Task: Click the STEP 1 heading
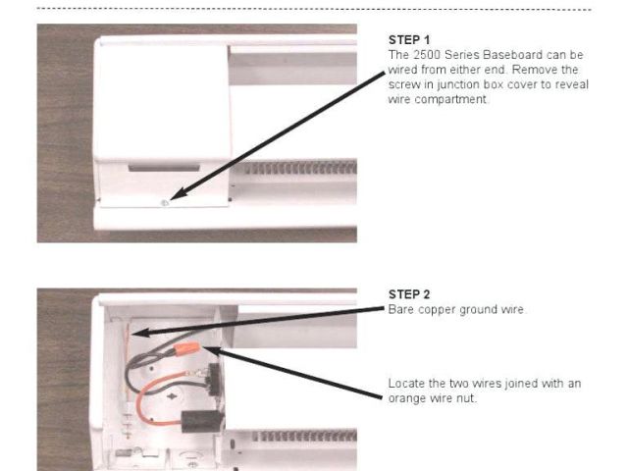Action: coord(409,40)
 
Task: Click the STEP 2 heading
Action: coord(409,294)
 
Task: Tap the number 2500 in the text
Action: coord(427,55)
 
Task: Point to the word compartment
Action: coord(450,99)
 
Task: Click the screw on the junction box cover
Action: coord(164,203)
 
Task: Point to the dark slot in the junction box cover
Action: coord(164,168)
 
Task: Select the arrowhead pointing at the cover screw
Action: coord(179,193)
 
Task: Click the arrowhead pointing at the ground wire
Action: coord(141,332)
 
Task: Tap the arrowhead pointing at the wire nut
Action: coord(212,351)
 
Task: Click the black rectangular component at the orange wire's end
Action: coord(200,422)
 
